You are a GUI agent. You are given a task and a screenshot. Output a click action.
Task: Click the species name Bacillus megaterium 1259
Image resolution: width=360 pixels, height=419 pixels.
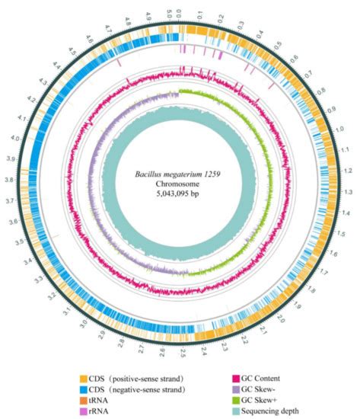pyautogui.click(x=180, y=174)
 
